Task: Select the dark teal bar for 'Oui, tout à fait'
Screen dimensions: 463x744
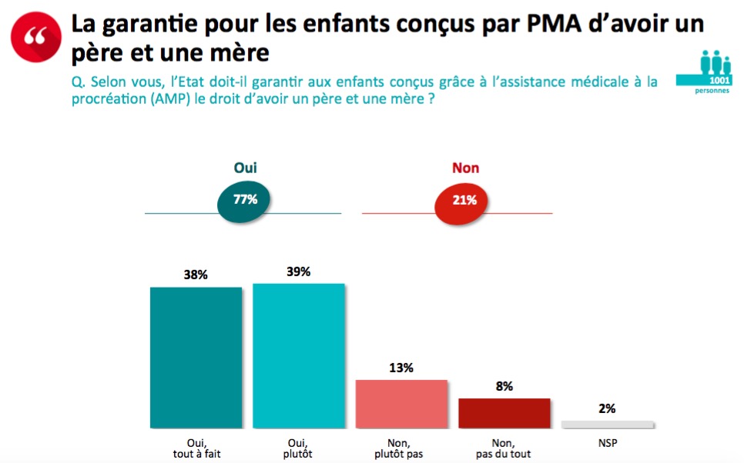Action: tap(196, 358)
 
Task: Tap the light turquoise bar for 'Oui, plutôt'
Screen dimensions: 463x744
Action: tap(298, 355)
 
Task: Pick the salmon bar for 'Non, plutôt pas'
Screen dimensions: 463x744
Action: tap(400, 404)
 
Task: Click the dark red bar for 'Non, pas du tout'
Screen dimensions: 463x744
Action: tap(504, 412)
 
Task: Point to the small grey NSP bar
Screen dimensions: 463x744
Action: tap(607, 424)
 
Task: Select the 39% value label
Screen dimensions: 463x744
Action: tap(298, 271)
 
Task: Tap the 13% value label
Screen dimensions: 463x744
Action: tap(400, 368)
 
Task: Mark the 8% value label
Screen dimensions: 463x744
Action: tap(504, 386)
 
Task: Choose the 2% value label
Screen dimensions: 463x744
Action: tap(607, 408)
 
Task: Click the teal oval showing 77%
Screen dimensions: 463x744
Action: tap(244, 200)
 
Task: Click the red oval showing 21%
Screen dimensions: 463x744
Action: tap(464, 200)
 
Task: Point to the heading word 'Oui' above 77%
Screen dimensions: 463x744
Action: tap(245, 167)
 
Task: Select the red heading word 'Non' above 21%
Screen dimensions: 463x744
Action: tap(465, 168)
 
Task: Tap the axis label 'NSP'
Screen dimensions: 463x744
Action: tap(607, 443)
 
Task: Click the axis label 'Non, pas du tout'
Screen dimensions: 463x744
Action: tap(504, 448)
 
